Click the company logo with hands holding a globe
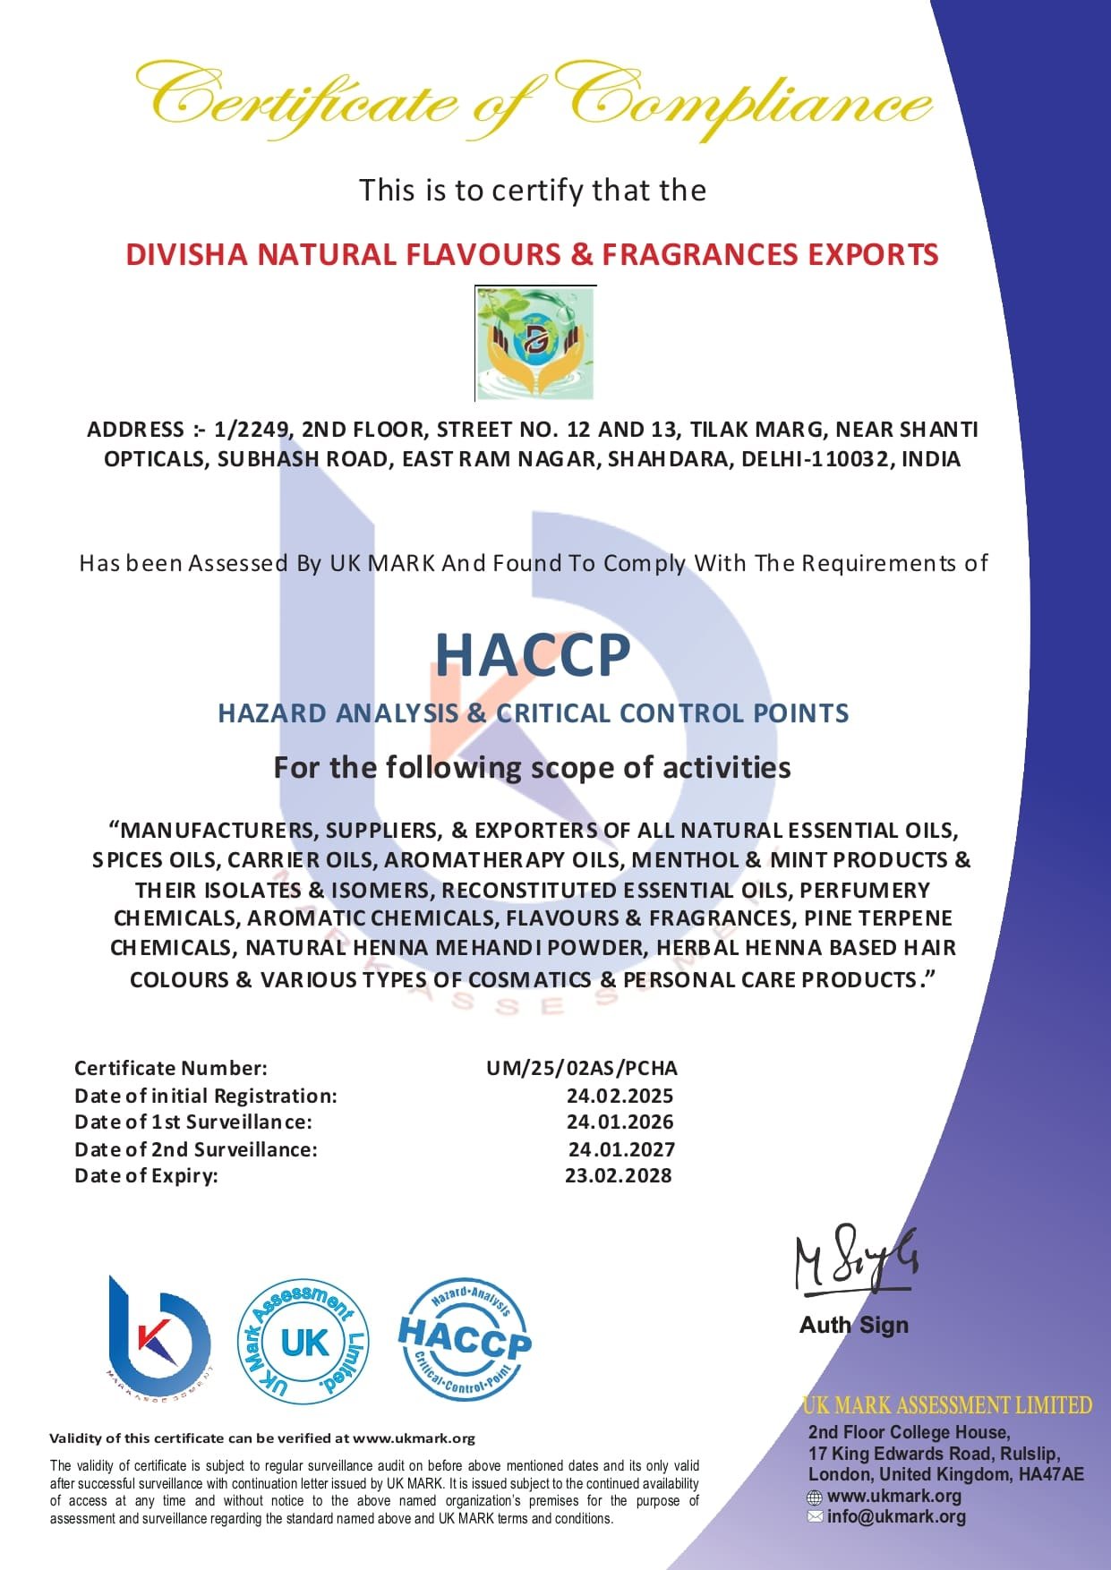coord(535,343)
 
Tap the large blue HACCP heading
coord(533,655)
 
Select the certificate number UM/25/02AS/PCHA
coord(582,1068)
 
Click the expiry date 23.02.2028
coord(618,1175)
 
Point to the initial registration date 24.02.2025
coord(620,1096)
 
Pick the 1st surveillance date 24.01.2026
coord(620,1122)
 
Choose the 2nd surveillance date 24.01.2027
coord(621,1149)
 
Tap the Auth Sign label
coord(853,1325)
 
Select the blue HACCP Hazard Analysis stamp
coord(464,1339)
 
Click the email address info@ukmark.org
coord(896,1516)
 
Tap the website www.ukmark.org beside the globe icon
coord(893,1496)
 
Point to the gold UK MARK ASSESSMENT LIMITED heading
coord(946,1405)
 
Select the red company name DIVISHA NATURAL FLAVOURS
coord(532,254)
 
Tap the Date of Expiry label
coord(146,1175)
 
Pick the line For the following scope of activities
coord(532,767)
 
